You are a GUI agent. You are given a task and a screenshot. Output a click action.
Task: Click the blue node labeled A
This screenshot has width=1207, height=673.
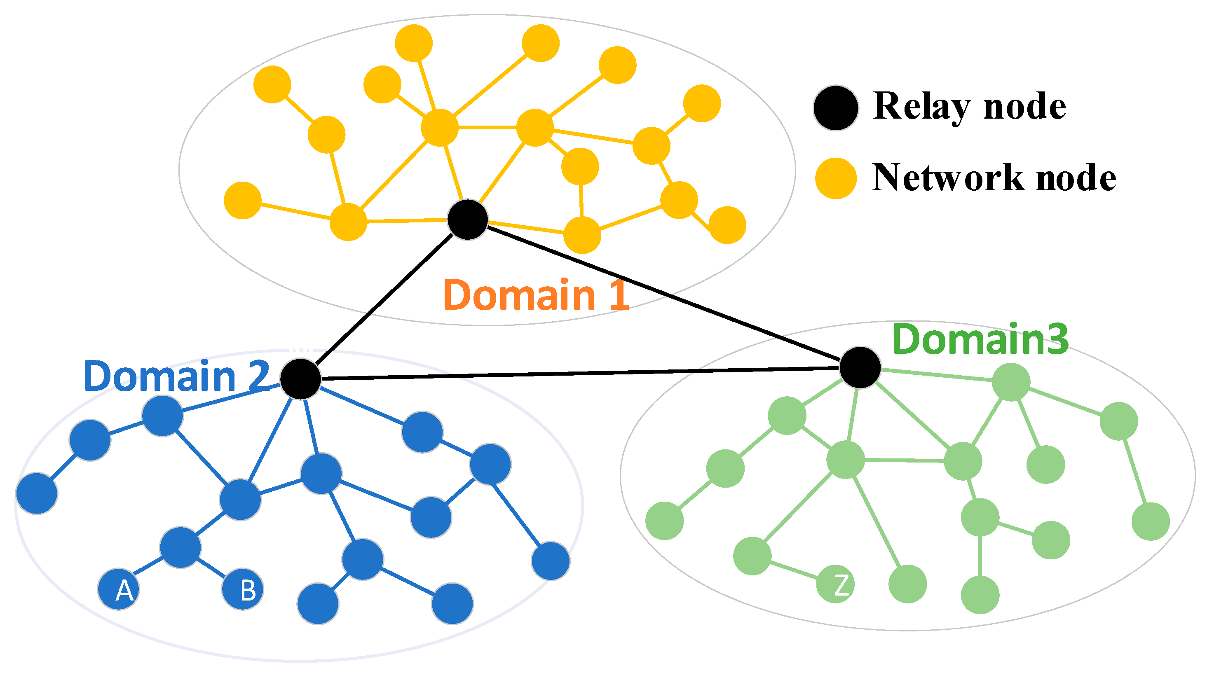119,589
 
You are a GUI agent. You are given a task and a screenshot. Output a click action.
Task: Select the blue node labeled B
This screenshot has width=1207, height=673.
243,589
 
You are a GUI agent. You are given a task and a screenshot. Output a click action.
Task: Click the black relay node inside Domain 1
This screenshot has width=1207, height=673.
468,220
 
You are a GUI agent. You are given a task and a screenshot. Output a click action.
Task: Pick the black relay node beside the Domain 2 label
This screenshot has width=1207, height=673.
301,379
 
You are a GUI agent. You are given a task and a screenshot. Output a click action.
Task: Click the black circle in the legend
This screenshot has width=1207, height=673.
836,108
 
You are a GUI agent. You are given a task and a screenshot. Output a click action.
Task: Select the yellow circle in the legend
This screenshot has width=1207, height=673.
836,178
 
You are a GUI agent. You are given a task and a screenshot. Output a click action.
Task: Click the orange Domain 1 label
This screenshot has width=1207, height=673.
536,295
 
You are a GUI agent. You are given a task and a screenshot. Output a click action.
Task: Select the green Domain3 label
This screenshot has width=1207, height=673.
980,339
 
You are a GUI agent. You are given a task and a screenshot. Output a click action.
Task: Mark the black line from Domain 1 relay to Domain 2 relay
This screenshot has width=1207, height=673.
384,300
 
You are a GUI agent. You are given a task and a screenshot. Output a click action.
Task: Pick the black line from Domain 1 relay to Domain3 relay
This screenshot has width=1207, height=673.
666,295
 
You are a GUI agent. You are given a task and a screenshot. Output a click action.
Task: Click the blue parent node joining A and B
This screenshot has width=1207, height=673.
180,547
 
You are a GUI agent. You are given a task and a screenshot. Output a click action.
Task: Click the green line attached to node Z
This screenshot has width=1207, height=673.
794,570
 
